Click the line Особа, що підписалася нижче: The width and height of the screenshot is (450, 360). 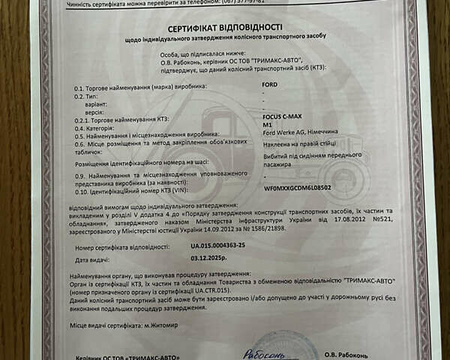pyautogui.click(x=202, y=53)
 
